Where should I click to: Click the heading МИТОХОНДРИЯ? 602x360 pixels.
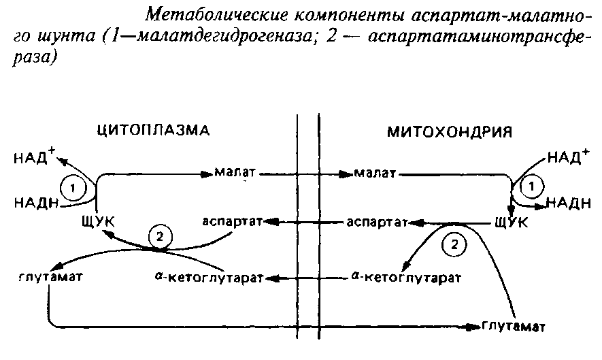[450, 131]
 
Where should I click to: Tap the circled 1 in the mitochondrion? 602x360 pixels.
[534, 184]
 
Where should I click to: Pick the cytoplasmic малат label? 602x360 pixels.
[234, 174]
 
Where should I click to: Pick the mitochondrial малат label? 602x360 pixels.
[374, 175]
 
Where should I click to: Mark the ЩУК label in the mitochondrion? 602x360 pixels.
[518, 222]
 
